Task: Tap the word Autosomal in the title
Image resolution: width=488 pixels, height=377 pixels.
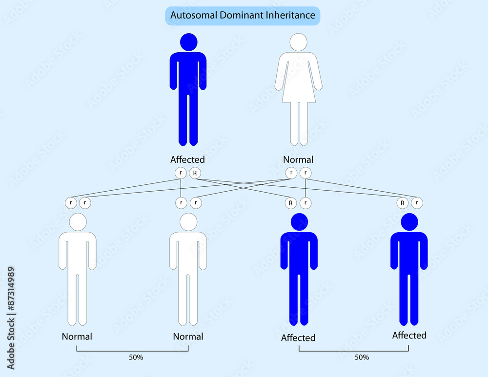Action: [194, 15]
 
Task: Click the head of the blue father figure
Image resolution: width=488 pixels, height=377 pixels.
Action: [188, 42]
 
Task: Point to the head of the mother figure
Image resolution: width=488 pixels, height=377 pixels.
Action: [299, 42]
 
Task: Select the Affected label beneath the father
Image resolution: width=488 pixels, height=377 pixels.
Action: [187, 159]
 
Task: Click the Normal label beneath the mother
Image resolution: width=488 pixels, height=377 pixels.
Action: [298, 159]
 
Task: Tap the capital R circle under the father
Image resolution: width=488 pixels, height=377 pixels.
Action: [195, 173]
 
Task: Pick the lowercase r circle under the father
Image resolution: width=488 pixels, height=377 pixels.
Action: [181, 173]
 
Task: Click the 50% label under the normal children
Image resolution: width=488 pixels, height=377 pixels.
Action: [136, 357]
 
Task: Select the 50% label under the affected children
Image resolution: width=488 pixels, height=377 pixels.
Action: [362, 357]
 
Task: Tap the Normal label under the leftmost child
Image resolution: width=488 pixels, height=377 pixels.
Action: [77, 337]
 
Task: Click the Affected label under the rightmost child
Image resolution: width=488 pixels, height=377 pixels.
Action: [409, 336]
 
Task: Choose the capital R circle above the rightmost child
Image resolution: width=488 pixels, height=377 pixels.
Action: [403, 203]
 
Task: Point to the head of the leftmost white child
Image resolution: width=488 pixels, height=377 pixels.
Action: [78, 222]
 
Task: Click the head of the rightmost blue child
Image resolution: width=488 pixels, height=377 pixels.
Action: [409, 222]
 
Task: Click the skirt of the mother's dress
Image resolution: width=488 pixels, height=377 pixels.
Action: [299, 92]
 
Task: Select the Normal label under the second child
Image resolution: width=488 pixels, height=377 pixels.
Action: [188, 337]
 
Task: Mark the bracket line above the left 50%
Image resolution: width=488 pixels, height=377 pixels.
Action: [133, 351]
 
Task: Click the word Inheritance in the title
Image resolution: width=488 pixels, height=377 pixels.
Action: [286, 15]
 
